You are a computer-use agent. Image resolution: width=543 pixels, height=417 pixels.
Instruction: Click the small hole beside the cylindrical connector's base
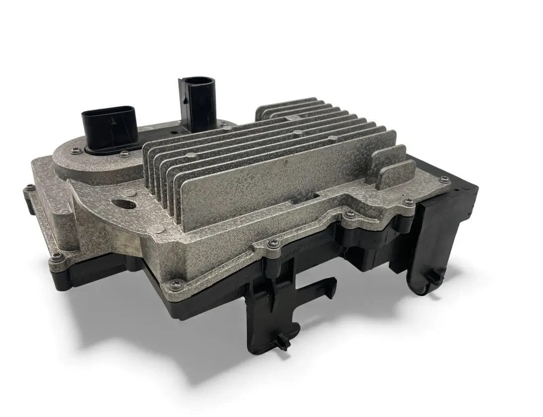coord(174,134)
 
